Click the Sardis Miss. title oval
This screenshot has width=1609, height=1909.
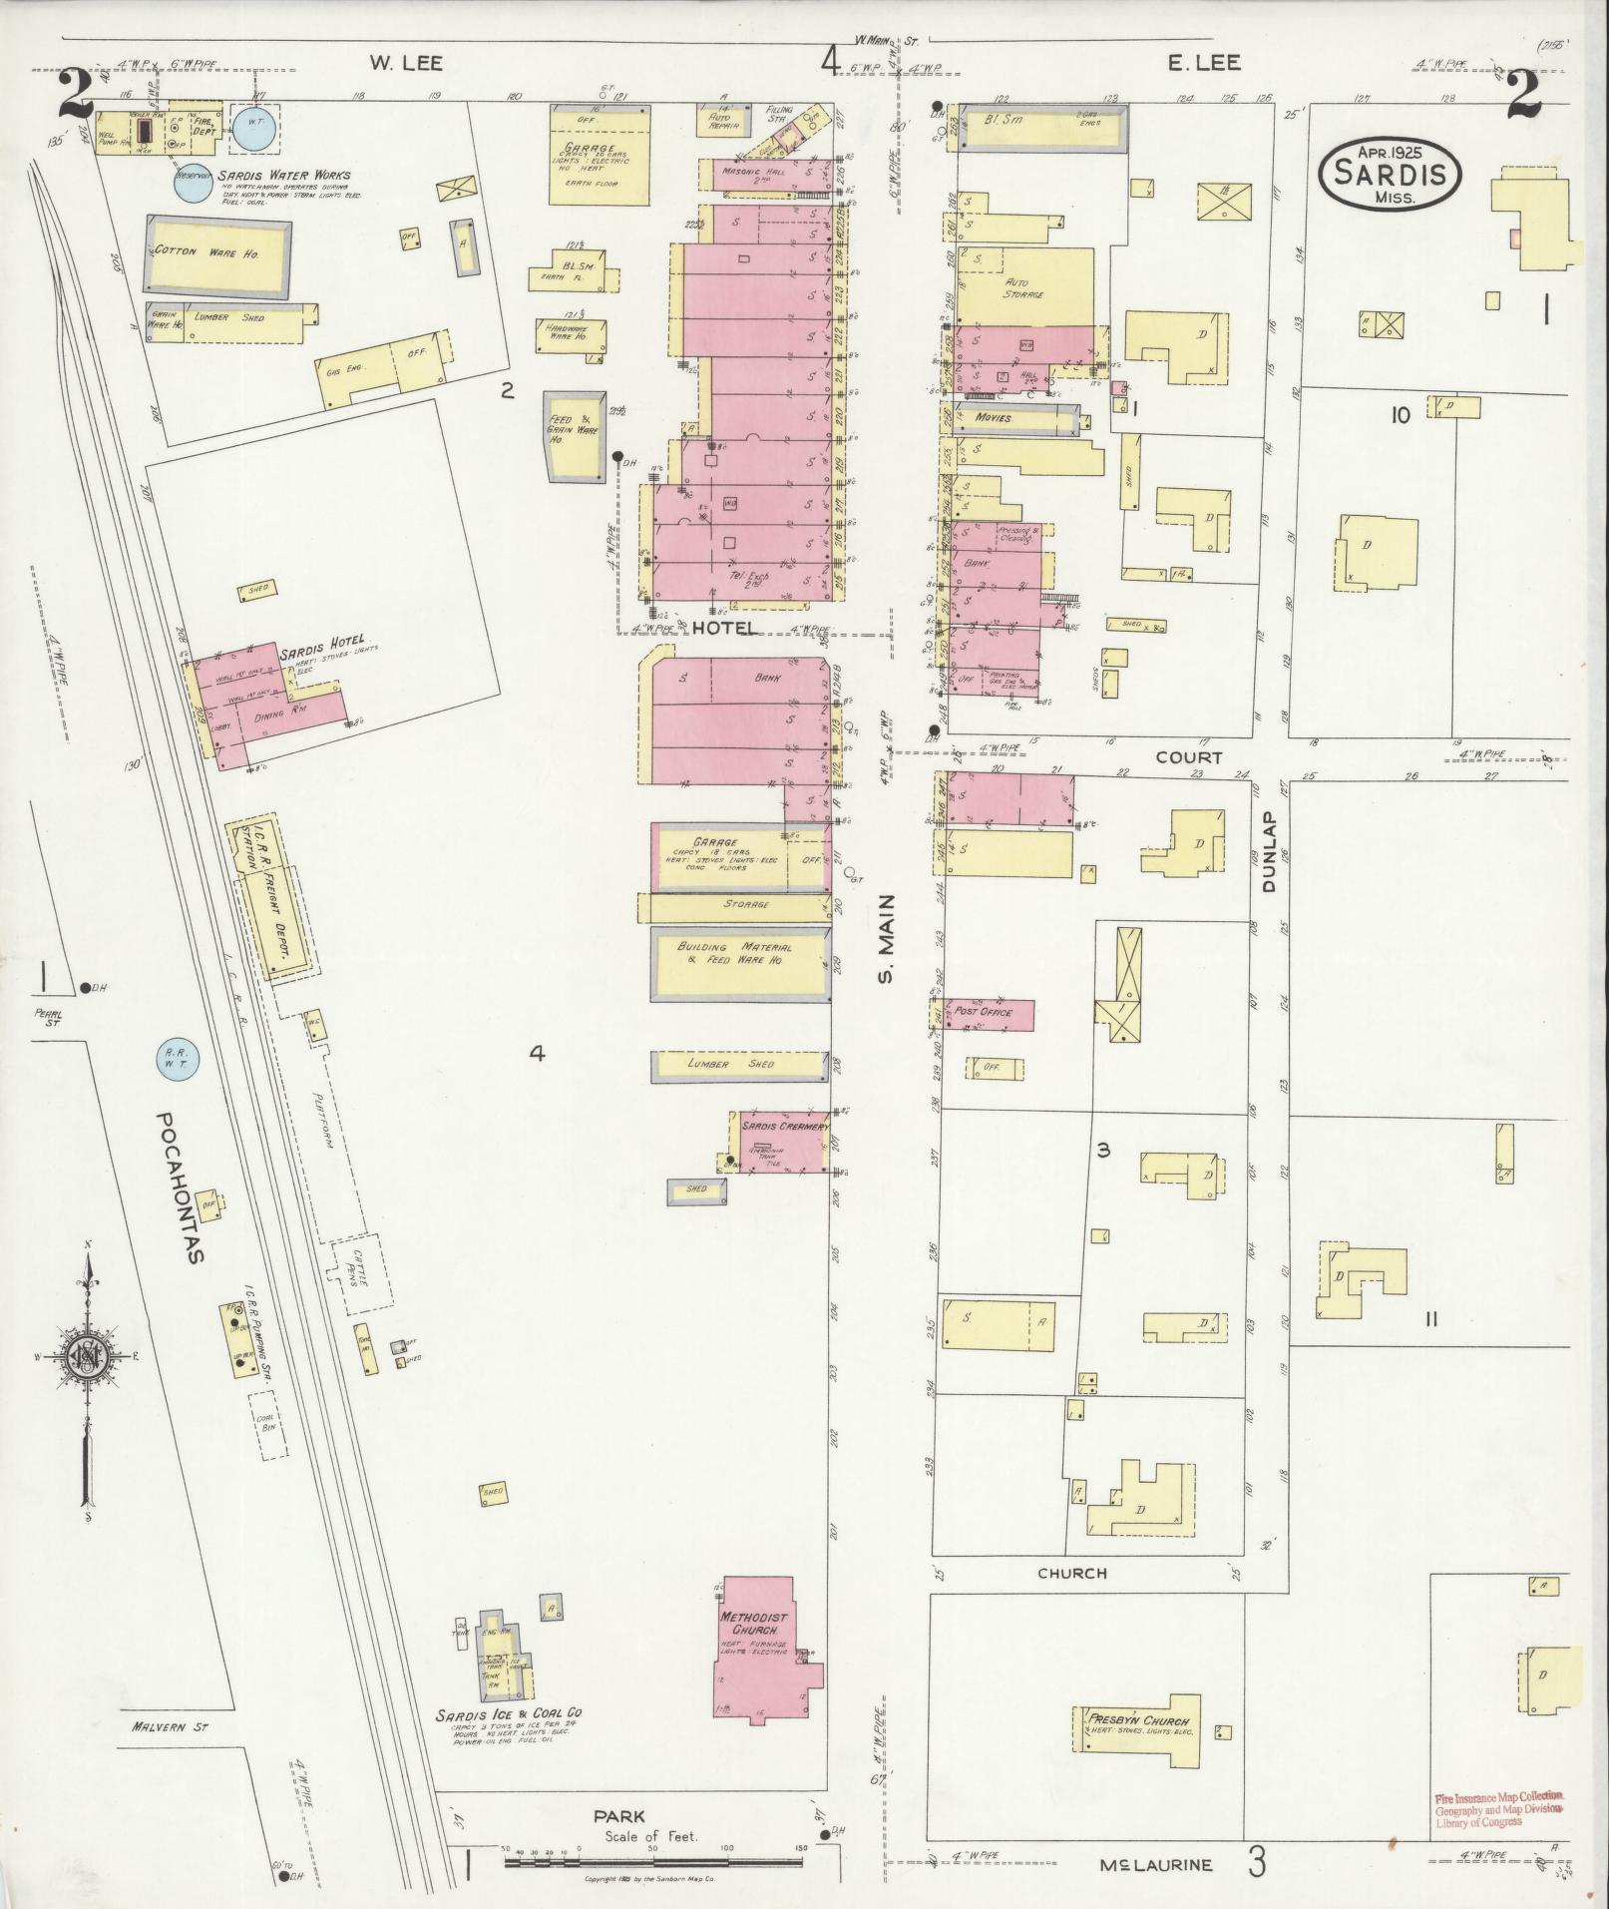pyautogui.click(x=1390, y=175)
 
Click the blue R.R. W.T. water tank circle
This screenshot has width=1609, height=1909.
pyautogui.click(x=180, y=1060)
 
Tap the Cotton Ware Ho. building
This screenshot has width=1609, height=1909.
pyautogui.click(x=219, y=255)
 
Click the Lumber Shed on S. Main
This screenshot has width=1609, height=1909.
pyautogui.click(x=740, y=1066)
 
